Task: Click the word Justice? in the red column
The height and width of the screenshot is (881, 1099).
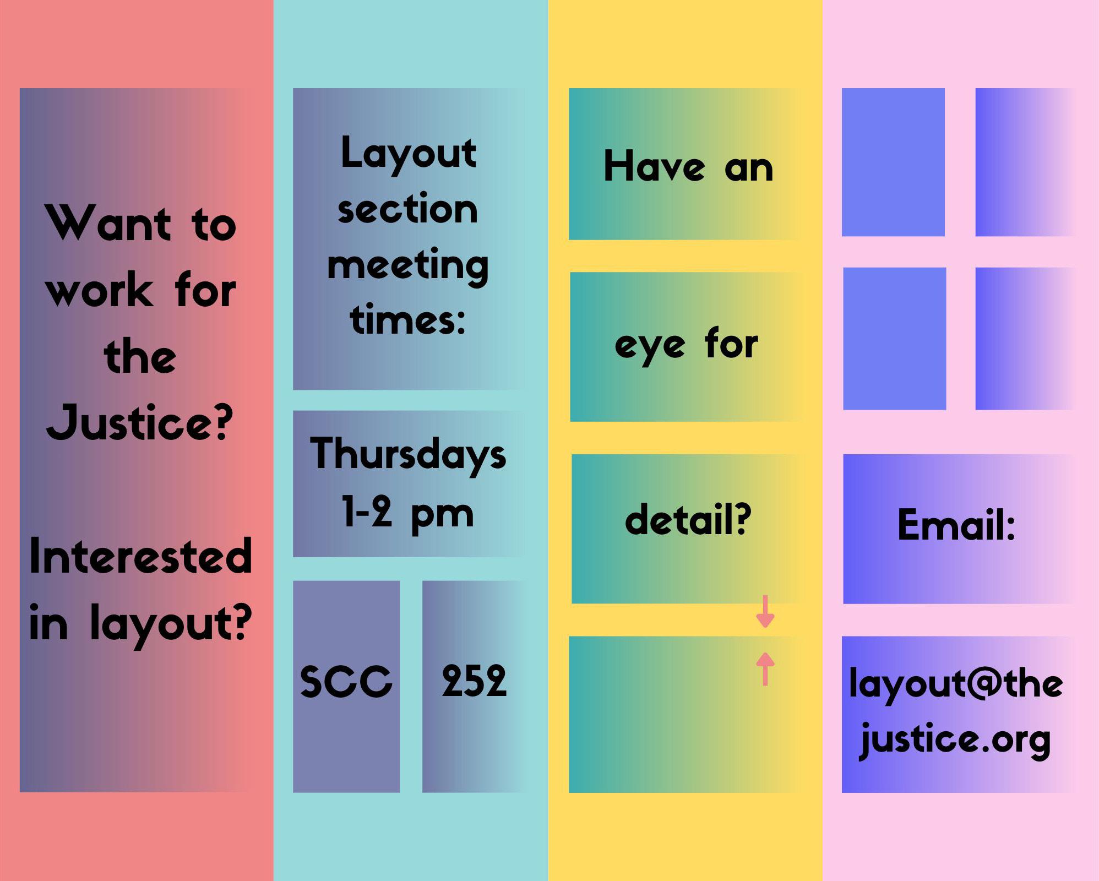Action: (140, 422)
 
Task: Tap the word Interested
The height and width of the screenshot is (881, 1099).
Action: (141, 556)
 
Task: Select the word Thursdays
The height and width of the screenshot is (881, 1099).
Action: (408, 454)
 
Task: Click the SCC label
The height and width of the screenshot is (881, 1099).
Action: (346, 681)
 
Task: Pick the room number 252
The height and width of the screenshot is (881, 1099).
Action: (474, 681)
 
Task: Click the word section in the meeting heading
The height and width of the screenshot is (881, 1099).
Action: (407, 210)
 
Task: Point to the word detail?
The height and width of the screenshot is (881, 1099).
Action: (688, 519)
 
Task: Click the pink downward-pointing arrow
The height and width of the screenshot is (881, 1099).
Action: (765, 611)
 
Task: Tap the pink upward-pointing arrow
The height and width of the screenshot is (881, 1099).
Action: (765, 669)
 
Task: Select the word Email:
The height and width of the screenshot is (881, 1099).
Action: (956, 525)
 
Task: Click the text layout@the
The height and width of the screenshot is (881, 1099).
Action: (956, 684)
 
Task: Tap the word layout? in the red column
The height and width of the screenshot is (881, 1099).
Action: (171, 623)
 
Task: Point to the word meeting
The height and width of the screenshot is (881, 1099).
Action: (408, 267)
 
